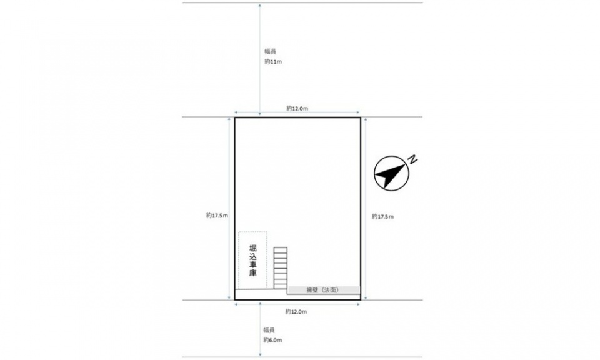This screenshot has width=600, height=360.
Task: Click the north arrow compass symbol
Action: click(x=391, y=173)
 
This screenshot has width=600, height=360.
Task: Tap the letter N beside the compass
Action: click(x=412, y=160)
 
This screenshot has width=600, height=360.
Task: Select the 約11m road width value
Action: click(x=273, y=62)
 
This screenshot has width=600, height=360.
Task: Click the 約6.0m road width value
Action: click(x=272, y=340)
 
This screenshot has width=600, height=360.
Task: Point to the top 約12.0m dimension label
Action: click(x=297, y=108)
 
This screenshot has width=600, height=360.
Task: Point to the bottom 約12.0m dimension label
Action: click(x=296, y=312)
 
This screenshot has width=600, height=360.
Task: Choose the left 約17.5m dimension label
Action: click(x=217, y=216)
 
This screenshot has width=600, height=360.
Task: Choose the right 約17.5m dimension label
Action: click(x=382, y=216)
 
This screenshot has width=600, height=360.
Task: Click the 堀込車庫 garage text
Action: click(x=253, y=260)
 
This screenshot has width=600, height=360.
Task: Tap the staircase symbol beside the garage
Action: click(x=281, y=268)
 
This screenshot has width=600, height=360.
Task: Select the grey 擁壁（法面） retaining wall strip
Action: click(x=324, y=291)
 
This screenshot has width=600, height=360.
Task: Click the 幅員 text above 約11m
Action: click(x=270, y=51)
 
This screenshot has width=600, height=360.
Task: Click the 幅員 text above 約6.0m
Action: click(x=269, y=330)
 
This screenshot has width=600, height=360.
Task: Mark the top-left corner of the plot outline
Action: click(x=234, y=117)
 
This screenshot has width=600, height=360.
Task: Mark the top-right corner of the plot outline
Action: click(x=361, y=117)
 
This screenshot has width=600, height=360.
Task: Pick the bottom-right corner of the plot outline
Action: click(x=361, y=299)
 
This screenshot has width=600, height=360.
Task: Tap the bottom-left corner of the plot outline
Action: click(x=234, y=299)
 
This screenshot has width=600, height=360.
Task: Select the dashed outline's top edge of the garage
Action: click(x=253, y=232)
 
